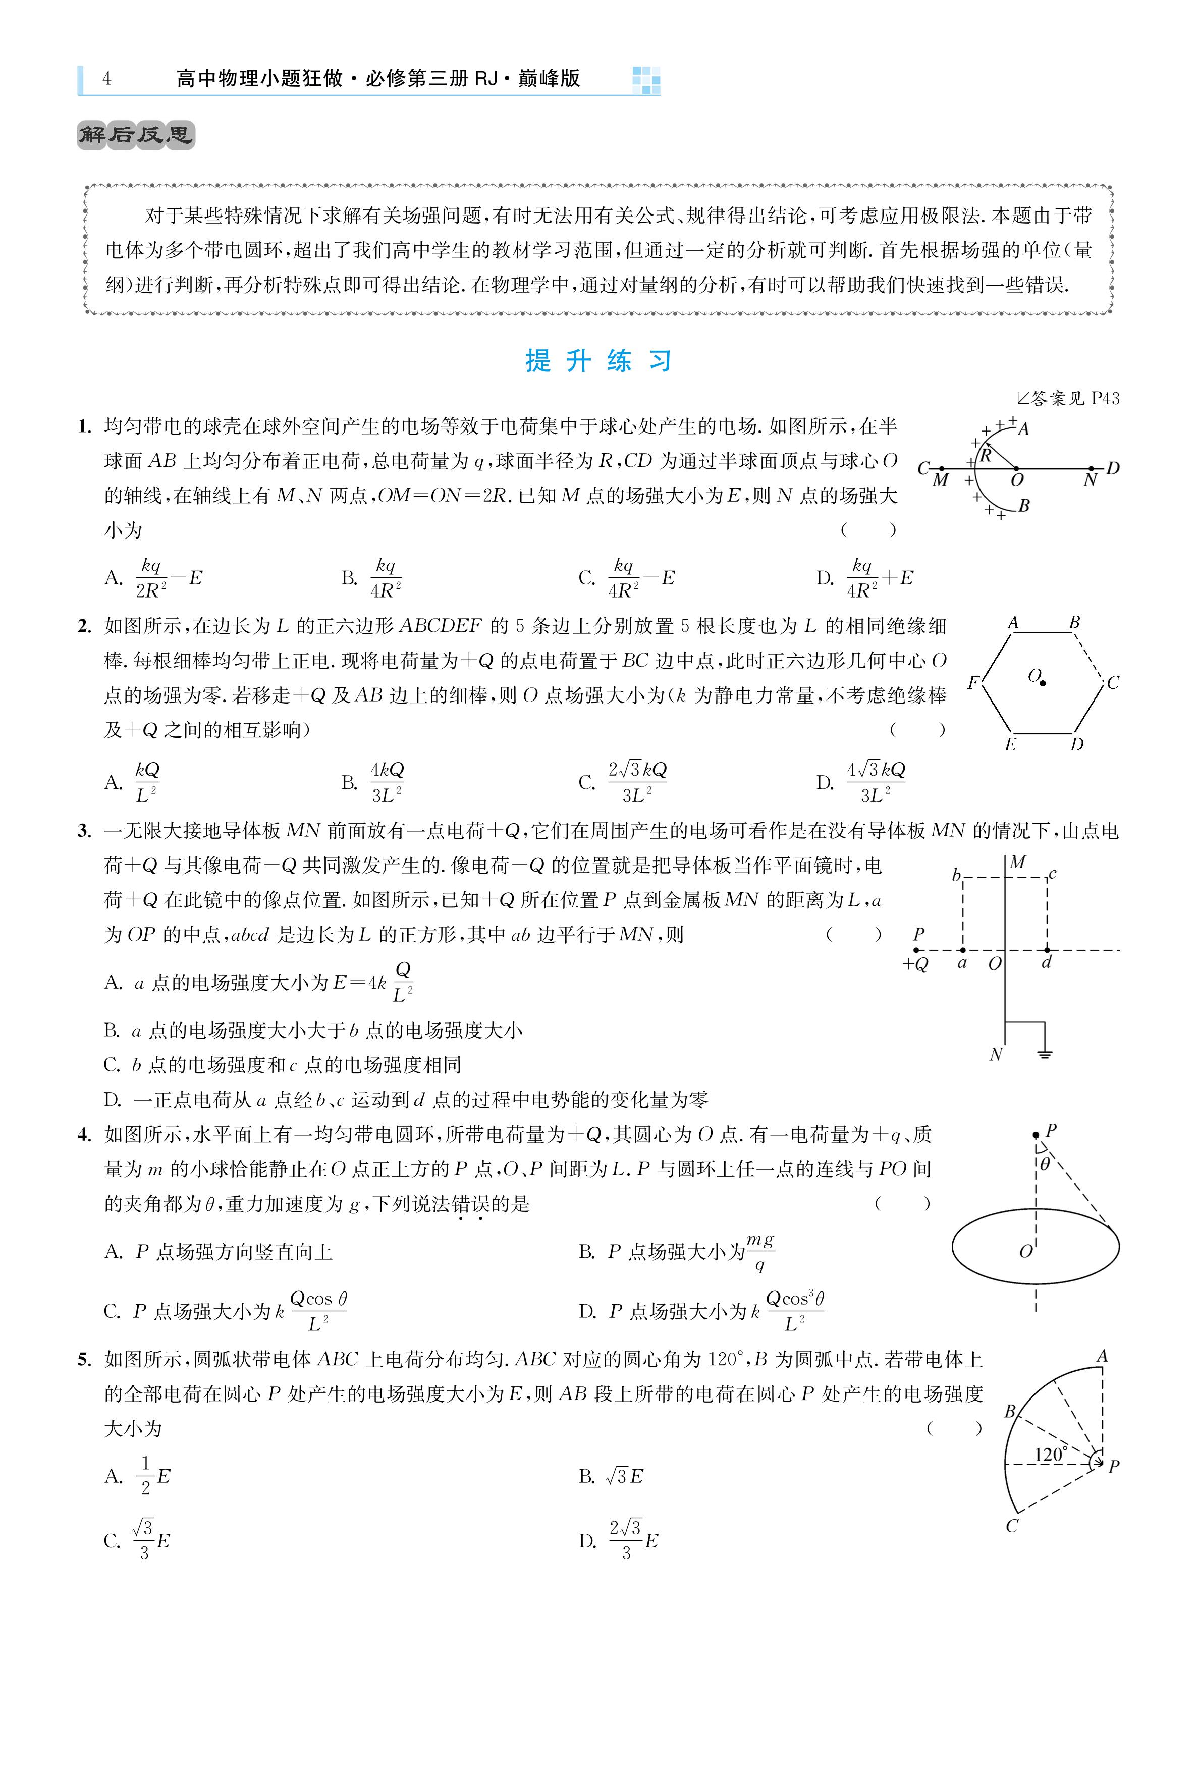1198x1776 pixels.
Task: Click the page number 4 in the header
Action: (106, 79)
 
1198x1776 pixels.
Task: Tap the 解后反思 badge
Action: (136, 135)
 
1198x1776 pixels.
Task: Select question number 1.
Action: (85, 426)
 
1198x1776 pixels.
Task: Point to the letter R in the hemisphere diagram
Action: (986, 456)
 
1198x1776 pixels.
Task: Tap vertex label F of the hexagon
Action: (972, 682)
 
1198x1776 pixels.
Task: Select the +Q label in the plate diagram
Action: (915, 964)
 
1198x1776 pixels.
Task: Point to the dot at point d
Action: (1047, 950)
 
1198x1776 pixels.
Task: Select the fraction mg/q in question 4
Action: (759, 1252)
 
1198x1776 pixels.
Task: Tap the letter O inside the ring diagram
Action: (1025, 1251)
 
